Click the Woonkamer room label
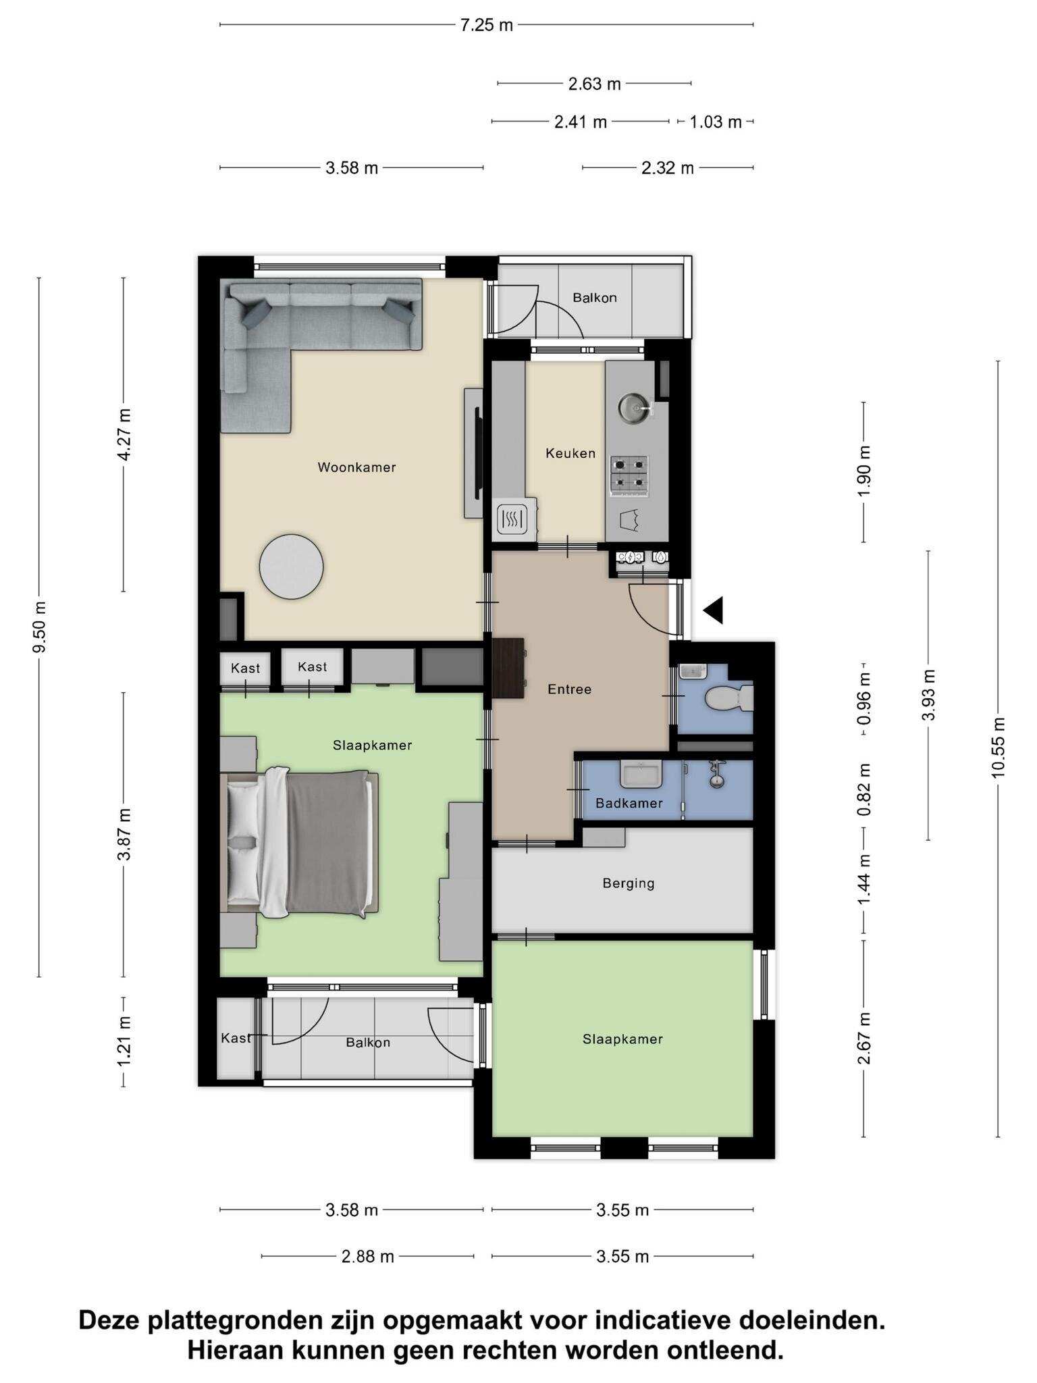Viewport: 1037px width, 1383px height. (356, 467)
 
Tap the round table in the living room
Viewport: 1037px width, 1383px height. (292, 566)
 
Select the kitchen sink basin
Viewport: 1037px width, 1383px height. (634, 408)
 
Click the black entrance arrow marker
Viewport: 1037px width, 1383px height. (714, 610)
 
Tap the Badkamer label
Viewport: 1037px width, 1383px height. (629, 803)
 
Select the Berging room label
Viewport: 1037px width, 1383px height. (629, 883)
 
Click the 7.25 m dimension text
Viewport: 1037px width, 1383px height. (486, 26)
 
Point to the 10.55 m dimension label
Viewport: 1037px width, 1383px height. (999, 748)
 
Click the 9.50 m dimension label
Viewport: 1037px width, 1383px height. (39, 627)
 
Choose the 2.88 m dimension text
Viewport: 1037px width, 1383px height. (367, 1257)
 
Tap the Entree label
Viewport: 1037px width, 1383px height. (569, 689)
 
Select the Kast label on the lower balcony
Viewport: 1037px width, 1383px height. (236, 1038)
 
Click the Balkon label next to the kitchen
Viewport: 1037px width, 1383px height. (594, 298)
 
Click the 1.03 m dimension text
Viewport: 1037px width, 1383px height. (715, 122)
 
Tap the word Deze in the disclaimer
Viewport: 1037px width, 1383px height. (111, 1320)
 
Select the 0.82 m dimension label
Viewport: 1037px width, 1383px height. (864, 789)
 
